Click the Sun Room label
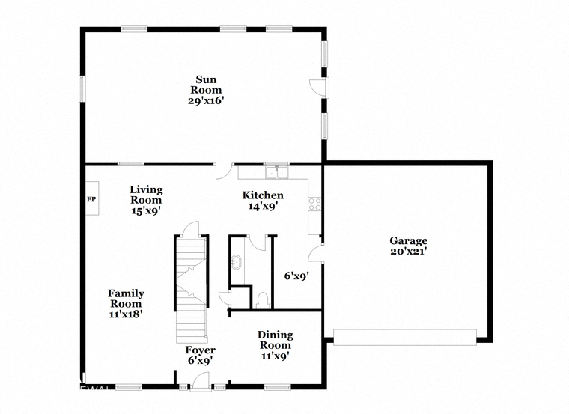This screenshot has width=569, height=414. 206,85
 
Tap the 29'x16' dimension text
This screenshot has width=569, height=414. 204,101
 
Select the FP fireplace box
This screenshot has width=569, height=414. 92,198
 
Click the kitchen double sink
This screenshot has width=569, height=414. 277,173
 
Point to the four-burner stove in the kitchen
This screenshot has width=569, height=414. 314,204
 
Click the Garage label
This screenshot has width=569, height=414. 408,240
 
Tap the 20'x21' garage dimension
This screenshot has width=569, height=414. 408,251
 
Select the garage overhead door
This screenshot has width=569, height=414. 404,337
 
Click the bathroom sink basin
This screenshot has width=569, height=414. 237,262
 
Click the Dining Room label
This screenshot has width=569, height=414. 276,340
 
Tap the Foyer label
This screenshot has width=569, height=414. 201,350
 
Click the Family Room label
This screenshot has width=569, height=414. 126,298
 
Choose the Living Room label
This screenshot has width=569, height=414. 146,195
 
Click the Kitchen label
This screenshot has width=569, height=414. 263,195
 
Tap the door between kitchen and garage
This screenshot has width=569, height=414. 316,252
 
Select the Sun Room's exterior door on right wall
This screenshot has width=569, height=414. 319,88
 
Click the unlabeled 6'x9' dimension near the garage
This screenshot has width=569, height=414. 296,276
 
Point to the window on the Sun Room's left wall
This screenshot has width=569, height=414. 82,88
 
